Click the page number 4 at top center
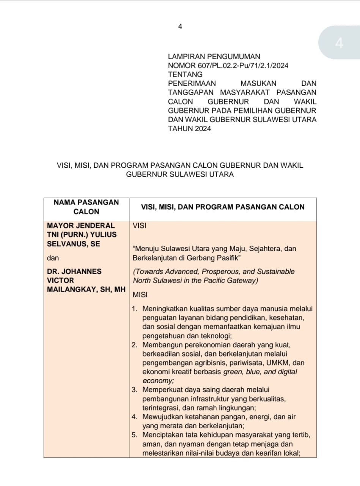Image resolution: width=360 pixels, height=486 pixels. (x=180, y=27)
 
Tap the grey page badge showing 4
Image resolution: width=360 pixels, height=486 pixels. (x=339, y=43)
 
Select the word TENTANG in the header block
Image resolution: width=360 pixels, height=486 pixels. (x=185, y=74)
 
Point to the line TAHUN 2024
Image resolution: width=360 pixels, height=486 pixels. (x=190, y=128)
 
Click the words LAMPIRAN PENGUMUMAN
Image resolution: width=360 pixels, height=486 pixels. (x=214, y=57)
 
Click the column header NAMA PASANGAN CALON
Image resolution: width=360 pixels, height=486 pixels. (x=86, y=207)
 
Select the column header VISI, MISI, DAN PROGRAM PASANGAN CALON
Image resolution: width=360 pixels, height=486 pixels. (x=223, y=207)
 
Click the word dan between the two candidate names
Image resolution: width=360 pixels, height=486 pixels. (x=53, y=258)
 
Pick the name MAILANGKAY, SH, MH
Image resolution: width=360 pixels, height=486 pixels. (x=86, y=289)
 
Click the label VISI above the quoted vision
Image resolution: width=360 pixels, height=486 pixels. (x=140, y=226)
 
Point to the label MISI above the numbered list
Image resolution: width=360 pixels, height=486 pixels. (x=140, y=295)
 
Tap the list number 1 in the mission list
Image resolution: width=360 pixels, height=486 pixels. (x=134, y=308)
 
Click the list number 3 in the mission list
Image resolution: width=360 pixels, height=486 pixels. (x=134, y=390)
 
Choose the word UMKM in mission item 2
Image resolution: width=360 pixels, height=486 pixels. (x=279, y=363)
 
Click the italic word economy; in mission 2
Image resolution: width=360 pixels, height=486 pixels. (x=158, y=380)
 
